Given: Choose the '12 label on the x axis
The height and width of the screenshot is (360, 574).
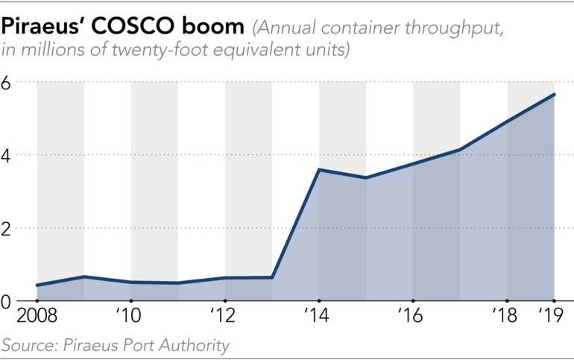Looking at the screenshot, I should coord(224,315).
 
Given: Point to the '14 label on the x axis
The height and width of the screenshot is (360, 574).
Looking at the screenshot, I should coord(319,315).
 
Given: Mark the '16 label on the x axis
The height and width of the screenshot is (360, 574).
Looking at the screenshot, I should coord(413,315).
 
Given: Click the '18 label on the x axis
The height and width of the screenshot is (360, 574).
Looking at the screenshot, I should coord(507,315).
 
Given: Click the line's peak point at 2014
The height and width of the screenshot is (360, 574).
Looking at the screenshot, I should coord(319,170).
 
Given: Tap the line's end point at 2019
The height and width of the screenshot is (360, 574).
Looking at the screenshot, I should coord(554,95).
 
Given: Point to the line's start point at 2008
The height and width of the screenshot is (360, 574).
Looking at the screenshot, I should coord(37,285).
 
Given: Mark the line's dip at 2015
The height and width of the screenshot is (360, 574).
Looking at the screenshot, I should coord(366,177).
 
